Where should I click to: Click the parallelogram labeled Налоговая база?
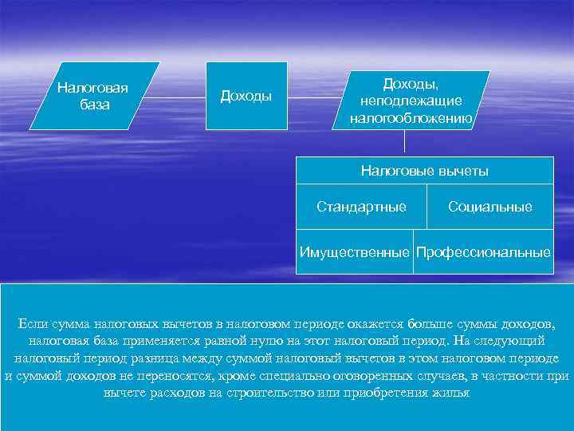[94, 96]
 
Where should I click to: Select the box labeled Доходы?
[247, 96]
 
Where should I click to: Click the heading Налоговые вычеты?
[424, 171]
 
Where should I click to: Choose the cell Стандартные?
[361, 208]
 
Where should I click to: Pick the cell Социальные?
[489, 208]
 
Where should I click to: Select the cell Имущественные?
[355, 252]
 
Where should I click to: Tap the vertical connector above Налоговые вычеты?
[406, 142]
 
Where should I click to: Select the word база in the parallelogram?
[95, 105]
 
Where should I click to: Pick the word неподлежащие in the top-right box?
[411, 101]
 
